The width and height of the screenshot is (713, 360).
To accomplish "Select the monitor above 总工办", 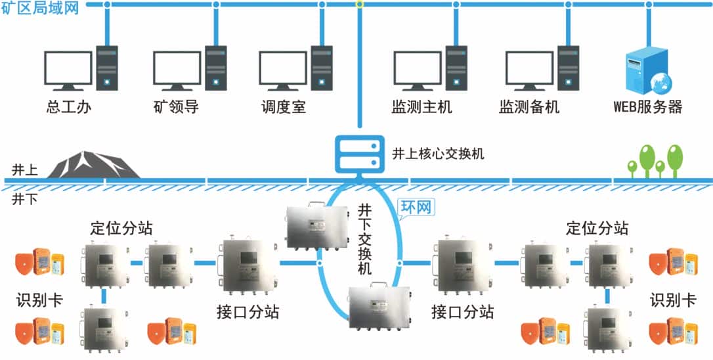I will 68,70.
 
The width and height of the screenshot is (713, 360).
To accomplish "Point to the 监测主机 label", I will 421,106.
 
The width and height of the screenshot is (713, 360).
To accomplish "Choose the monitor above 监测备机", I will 529,70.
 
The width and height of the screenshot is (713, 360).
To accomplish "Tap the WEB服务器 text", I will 647,106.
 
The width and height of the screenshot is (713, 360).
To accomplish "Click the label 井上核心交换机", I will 438,154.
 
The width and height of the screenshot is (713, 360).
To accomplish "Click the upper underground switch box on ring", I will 316,225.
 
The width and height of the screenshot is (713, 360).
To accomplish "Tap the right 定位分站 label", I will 597,227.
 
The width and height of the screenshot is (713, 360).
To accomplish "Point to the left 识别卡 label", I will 39,300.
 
